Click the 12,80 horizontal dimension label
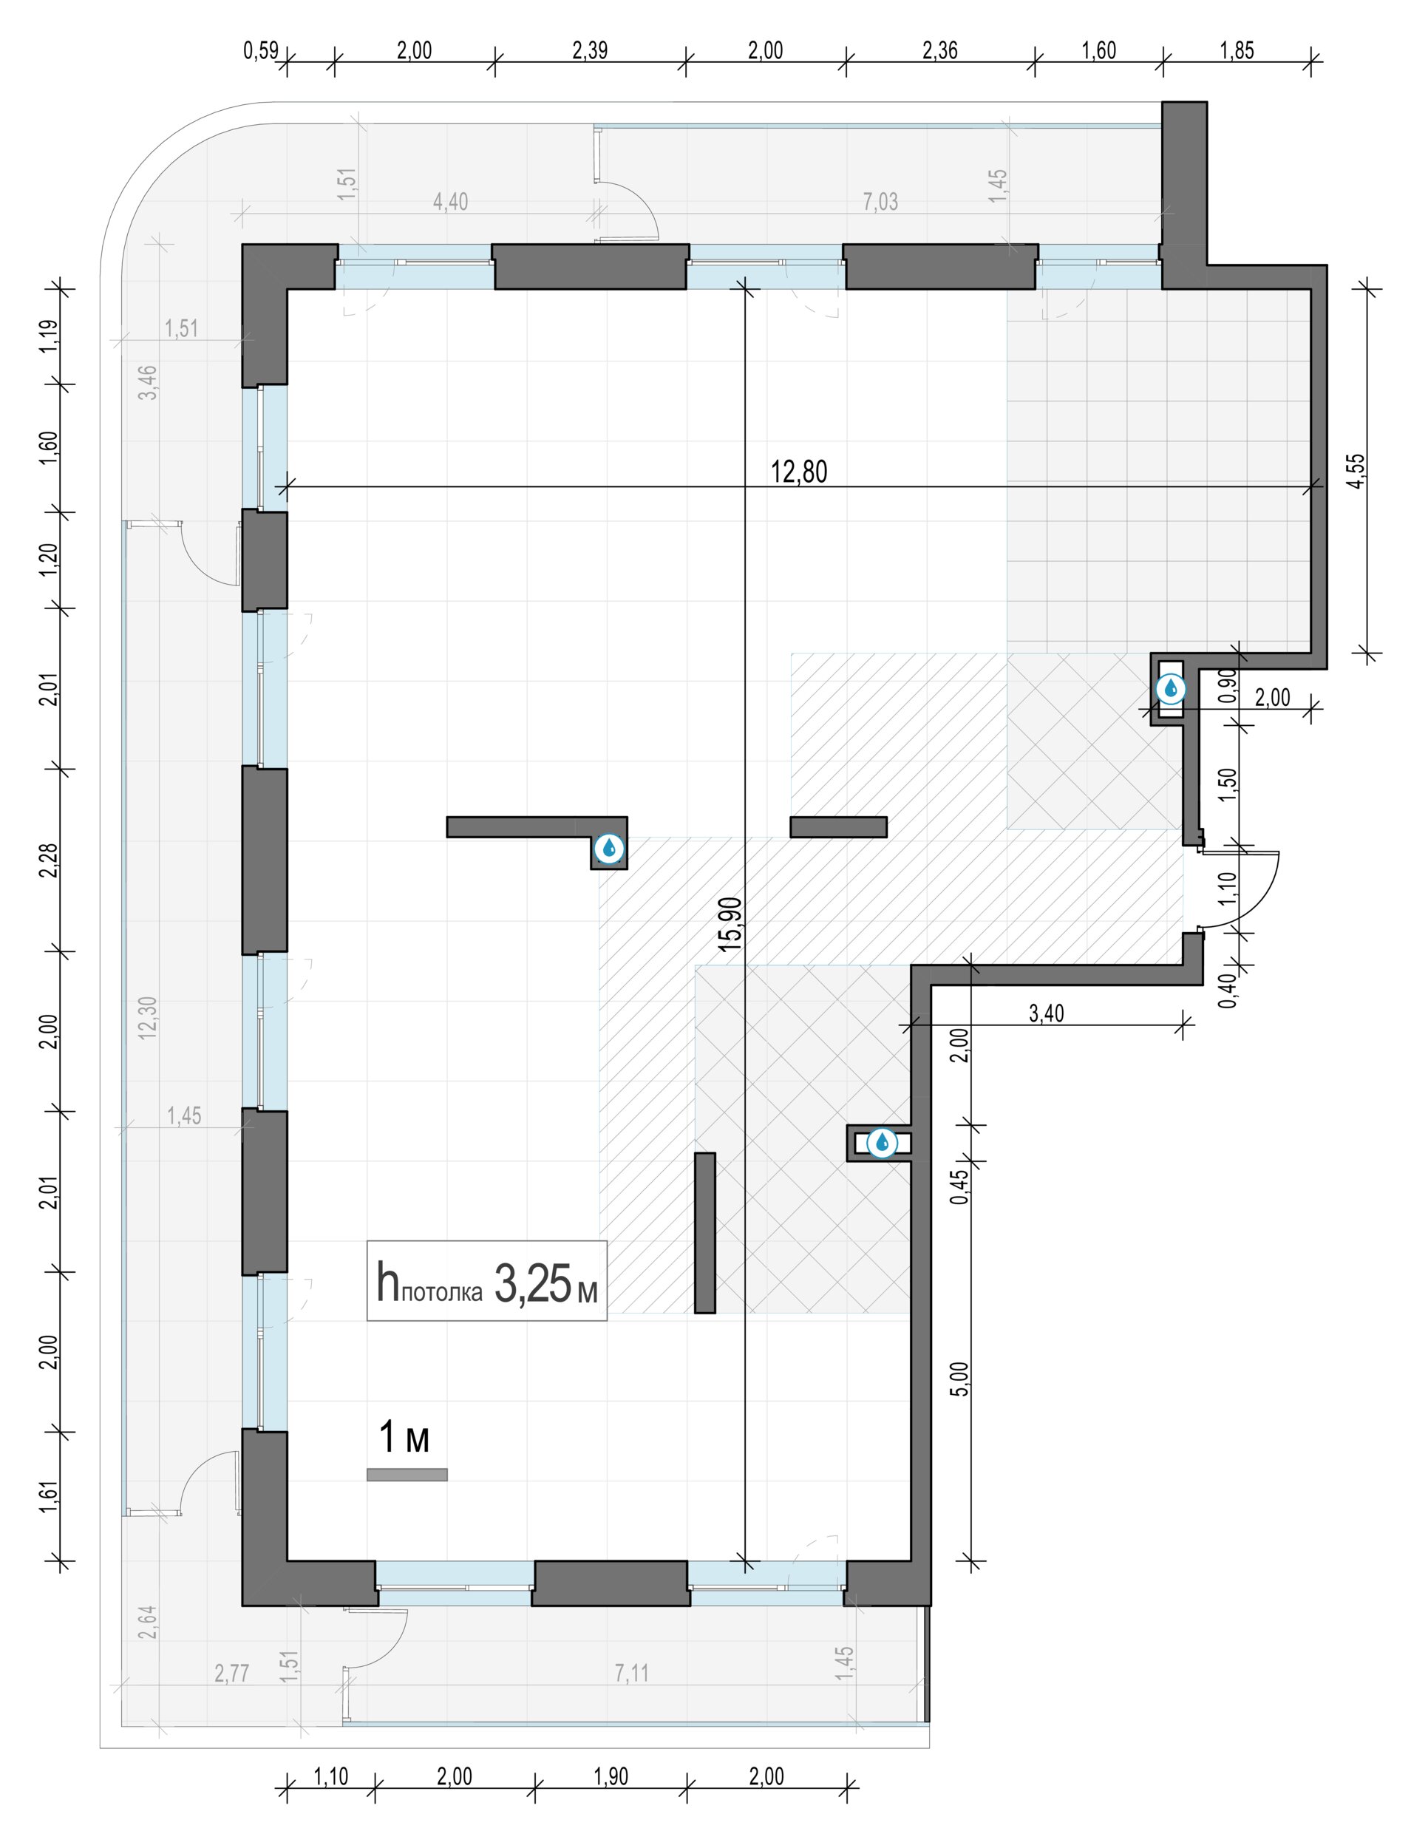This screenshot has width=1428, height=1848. (x=798, y=472)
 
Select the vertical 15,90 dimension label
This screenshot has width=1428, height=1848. (x=730, y=924)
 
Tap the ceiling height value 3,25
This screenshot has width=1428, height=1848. (x=532, y=1283)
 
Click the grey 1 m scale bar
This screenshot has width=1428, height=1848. (x=407, y=1475)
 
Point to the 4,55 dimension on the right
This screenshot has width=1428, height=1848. (x=1356, y=472)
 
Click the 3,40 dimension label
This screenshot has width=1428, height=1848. (x=1047, y=1013)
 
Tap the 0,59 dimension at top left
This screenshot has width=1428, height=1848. (x=261, y=51)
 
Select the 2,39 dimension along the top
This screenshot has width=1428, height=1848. (x=590, y=51)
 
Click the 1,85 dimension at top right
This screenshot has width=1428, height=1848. (x=1237, y=51)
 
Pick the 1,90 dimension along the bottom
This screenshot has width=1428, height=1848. (x=611, y=1776)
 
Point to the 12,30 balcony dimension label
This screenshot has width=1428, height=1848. (x=148, y=1017)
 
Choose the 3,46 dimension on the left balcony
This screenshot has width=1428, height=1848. (x=148, y=381)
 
